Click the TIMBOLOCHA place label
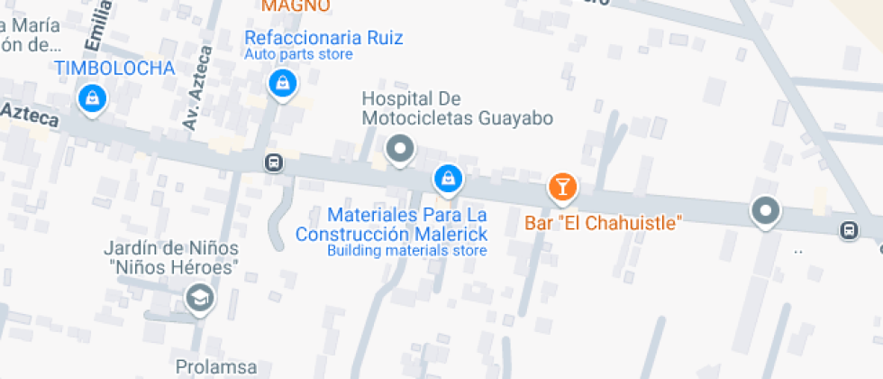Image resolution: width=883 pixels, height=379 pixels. pyautogui.click(x=114, y=68)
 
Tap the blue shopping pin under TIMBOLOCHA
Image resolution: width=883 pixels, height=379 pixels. pyautogui.click(x=91, y=97)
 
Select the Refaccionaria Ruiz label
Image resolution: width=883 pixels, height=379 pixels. pyautogui.click(x=323, y=38)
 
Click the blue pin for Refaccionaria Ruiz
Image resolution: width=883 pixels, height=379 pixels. pyautogui.click(x=283, y=85)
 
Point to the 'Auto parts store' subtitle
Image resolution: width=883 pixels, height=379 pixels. pyautogui.click(x=298, y=55)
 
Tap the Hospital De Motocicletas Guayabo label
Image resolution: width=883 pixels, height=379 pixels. pyautogui.click(x=457, y=108)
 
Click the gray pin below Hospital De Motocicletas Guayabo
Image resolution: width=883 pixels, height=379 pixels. pyautogui.click(x=399, y=148)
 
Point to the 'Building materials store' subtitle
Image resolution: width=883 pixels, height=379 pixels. pyautogui.click(x=406, y=250)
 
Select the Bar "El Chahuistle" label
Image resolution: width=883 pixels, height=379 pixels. pyautogui.click(x=604, y=221)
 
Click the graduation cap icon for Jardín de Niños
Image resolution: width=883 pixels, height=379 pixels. pyautogui.click(x=199, y=297)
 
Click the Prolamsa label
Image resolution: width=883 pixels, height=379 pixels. pyautogui.click(x=216, y=367)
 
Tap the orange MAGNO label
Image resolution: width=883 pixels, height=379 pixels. pyautogui.click(x=296, y=5)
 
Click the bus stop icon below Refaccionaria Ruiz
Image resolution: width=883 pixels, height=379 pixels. pyautogui.click(x=273, y=163)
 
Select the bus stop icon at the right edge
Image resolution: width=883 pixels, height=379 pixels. pyautogui.click(x=849, y=230)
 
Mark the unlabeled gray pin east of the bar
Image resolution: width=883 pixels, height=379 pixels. pyautogui.click(x=766, y=211)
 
